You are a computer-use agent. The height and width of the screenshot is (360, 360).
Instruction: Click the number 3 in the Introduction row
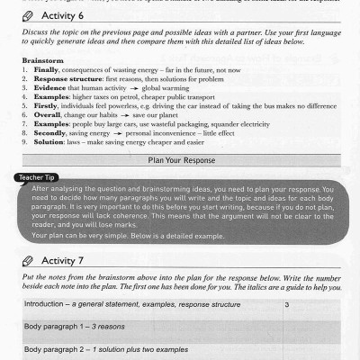[285, 305]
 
